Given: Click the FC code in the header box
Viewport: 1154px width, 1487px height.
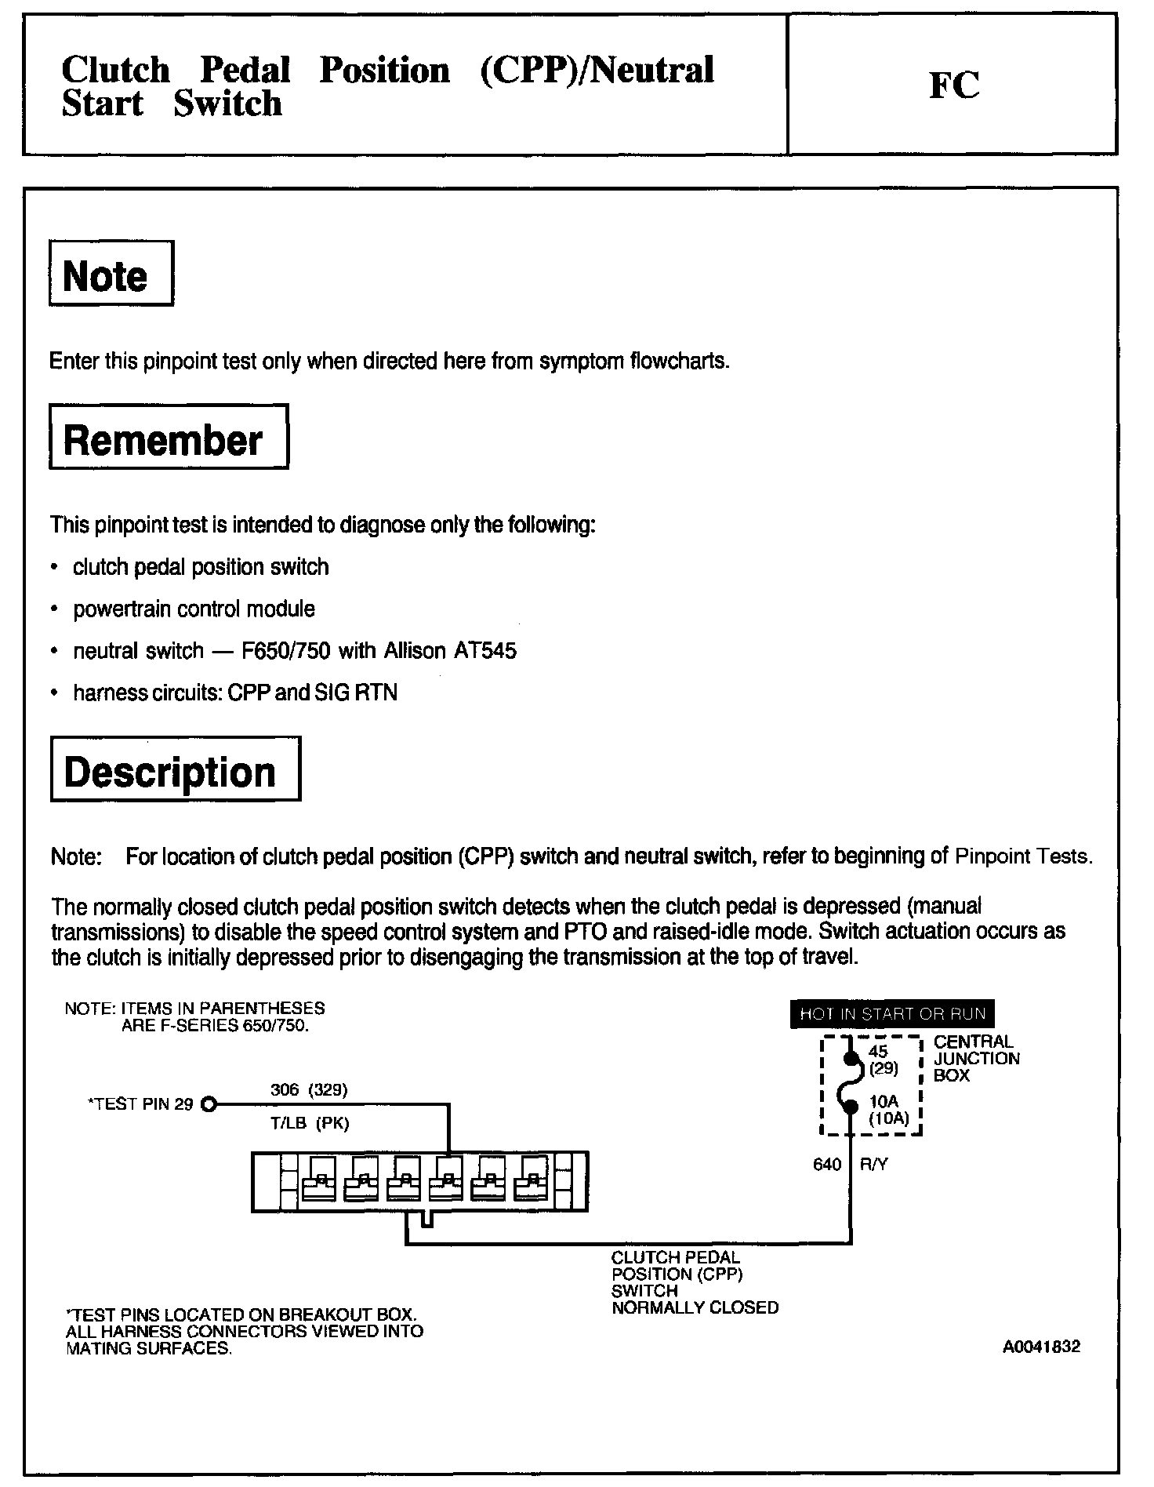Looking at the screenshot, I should click(x=954, y=85).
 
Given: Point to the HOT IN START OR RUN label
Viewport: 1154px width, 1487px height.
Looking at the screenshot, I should click(x=892, y=1013).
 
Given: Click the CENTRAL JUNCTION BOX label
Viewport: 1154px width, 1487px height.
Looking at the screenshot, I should click(x=976, y=1058).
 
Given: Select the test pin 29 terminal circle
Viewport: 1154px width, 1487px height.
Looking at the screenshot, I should click(x=208, y=1105).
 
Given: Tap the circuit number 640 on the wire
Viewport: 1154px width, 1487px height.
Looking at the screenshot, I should click(x=827, y=1165).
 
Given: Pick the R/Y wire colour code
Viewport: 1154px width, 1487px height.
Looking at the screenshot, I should click(x=873, y=1165).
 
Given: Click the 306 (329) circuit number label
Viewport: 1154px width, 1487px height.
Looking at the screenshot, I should click(x=308, y=1089).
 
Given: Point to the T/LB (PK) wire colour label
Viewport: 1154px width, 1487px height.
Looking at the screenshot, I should click(x=309, y=1123).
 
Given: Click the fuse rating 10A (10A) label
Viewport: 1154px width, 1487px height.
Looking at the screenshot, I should click(x=888, y=1111).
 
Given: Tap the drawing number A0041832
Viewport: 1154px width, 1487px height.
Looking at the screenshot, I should click(x=1040, y=1347).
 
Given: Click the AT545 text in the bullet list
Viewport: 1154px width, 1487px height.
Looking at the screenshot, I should click(x=484, y=651).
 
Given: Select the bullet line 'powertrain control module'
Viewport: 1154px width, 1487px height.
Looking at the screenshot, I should click(x=194, y=609).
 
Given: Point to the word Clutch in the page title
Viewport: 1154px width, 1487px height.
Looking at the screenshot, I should click(x=115, y=70).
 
